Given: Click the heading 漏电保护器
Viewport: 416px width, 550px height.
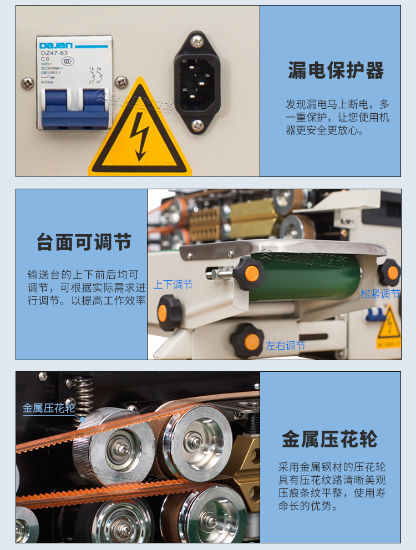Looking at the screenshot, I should [336, 71].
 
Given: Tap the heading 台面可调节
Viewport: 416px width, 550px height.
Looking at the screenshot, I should [84, 243].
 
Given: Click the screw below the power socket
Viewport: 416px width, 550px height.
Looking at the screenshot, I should [197, 125].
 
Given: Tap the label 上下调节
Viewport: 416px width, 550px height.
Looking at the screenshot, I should [173, 285].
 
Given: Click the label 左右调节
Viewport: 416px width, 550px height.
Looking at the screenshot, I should [285, 346].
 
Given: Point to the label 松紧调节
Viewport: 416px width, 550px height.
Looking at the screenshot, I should [380, 294].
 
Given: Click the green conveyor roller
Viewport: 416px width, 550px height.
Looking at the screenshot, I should [311, 277].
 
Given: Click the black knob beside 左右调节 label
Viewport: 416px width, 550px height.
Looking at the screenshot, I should [247, 341].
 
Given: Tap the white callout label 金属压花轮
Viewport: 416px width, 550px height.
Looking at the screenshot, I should [49, 408].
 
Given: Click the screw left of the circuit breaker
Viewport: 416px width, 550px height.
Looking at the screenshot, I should [27, 83].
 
